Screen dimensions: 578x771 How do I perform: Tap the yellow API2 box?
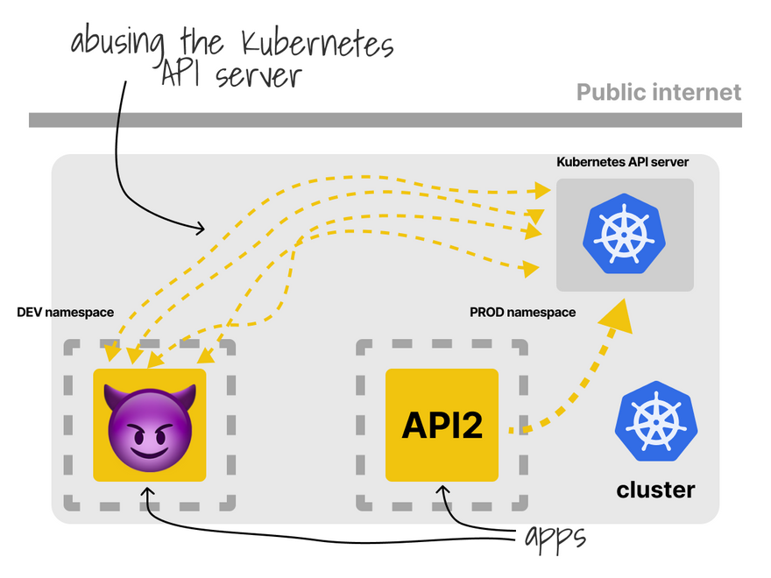point(442,425)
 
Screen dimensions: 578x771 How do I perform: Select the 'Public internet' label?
point(659,93)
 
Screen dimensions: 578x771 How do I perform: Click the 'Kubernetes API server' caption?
point(623,162)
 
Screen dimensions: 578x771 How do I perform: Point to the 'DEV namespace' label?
point(60,312)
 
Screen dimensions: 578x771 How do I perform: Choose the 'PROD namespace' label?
point(522,312)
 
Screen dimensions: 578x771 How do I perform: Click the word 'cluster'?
point(655,490)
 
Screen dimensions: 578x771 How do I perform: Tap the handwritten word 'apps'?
point(554,537)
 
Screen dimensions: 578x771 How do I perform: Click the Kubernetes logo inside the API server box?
point(625,235)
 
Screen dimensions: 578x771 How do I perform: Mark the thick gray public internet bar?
point(385,120)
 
